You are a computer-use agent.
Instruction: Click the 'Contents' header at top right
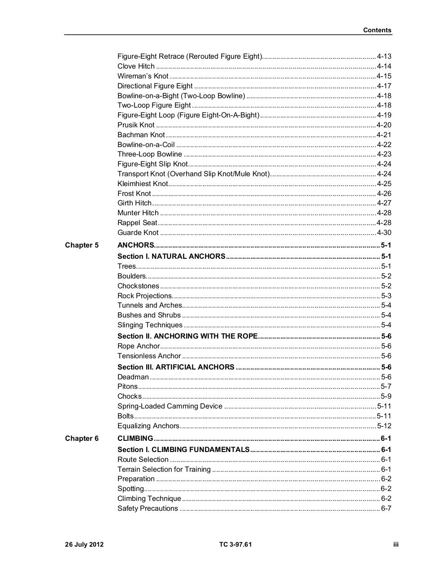point(377,30)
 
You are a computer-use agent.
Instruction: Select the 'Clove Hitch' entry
point(136,66)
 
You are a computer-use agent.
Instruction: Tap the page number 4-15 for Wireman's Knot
point(384,76)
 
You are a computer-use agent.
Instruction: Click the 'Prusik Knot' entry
point(136,125)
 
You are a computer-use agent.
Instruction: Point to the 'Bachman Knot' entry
point(141,135)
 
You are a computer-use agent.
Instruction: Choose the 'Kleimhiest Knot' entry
point(143,184)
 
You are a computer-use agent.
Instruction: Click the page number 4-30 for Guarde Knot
point(384,233)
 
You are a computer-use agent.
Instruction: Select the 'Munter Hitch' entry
point(138,213)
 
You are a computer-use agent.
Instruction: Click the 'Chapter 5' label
point(82,245)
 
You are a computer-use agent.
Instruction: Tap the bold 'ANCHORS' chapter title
point(135,245)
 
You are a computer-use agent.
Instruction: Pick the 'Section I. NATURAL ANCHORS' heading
point(171,257)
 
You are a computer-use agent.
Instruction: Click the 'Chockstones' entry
point(138,286)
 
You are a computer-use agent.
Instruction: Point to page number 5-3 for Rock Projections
point(386,296)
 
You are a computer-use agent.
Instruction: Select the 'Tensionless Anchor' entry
point(149,356)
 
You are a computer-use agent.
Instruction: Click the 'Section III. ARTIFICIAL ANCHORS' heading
point(176,367)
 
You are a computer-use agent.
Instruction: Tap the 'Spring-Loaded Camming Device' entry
point(170,406)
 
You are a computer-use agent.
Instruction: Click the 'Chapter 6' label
point(82,439)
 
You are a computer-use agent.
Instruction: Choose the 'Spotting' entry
point(131,489)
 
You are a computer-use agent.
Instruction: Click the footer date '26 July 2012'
point(84,545)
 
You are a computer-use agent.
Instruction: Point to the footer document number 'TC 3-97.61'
point(235,545)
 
